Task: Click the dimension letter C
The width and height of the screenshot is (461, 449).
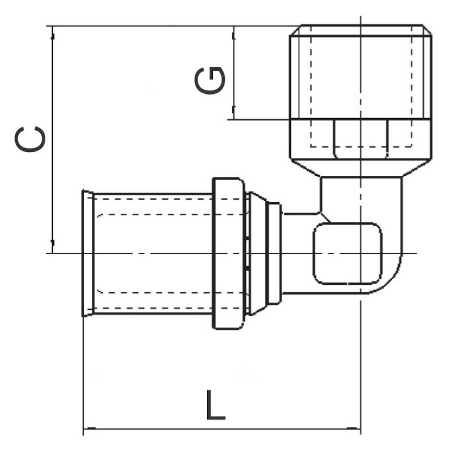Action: click(x=30, y=139)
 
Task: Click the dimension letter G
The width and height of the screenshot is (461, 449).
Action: click(x=210, y=80)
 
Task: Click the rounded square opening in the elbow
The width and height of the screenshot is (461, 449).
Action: click(x=347, y=253)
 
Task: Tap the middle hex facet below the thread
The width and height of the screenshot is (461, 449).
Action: click(x=360, y=139)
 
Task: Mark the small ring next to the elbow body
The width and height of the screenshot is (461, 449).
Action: click(x=275, y=253)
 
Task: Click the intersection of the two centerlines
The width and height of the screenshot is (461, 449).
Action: click(x=360, y=253)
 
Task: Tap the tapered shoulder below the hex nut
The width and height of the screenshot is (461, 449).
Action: click(x=360, y=168)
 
